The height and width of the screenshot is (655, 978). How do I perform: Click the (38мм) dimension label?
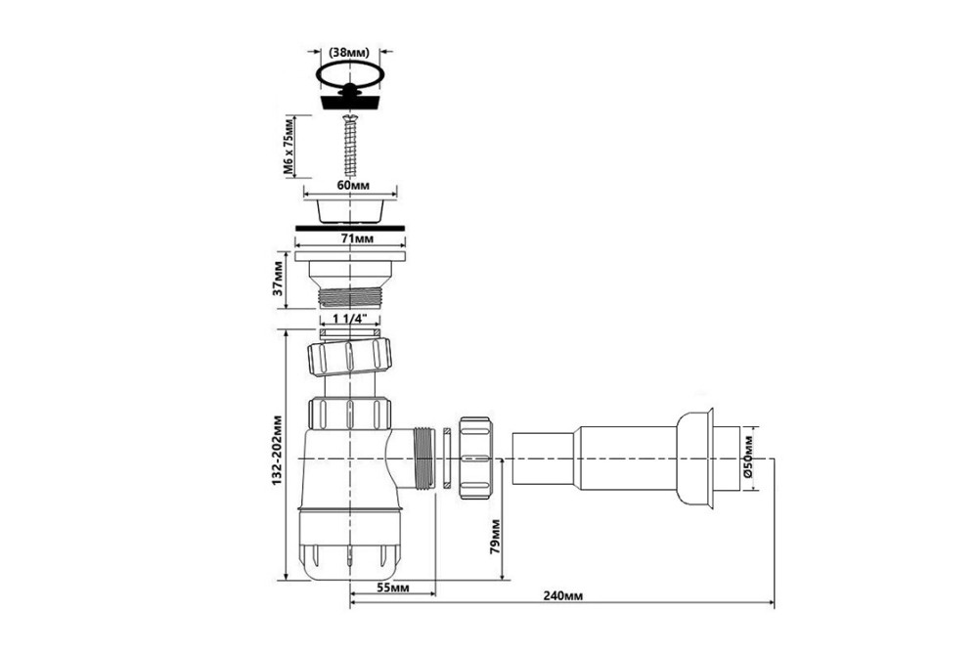349,52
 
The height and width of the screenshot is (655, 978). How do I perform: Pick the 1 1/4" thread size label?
349,319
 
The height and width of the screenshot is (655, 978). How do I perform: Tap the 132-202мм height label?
277,452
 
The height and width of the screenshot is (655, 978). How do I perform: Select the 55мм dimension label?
393,588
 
